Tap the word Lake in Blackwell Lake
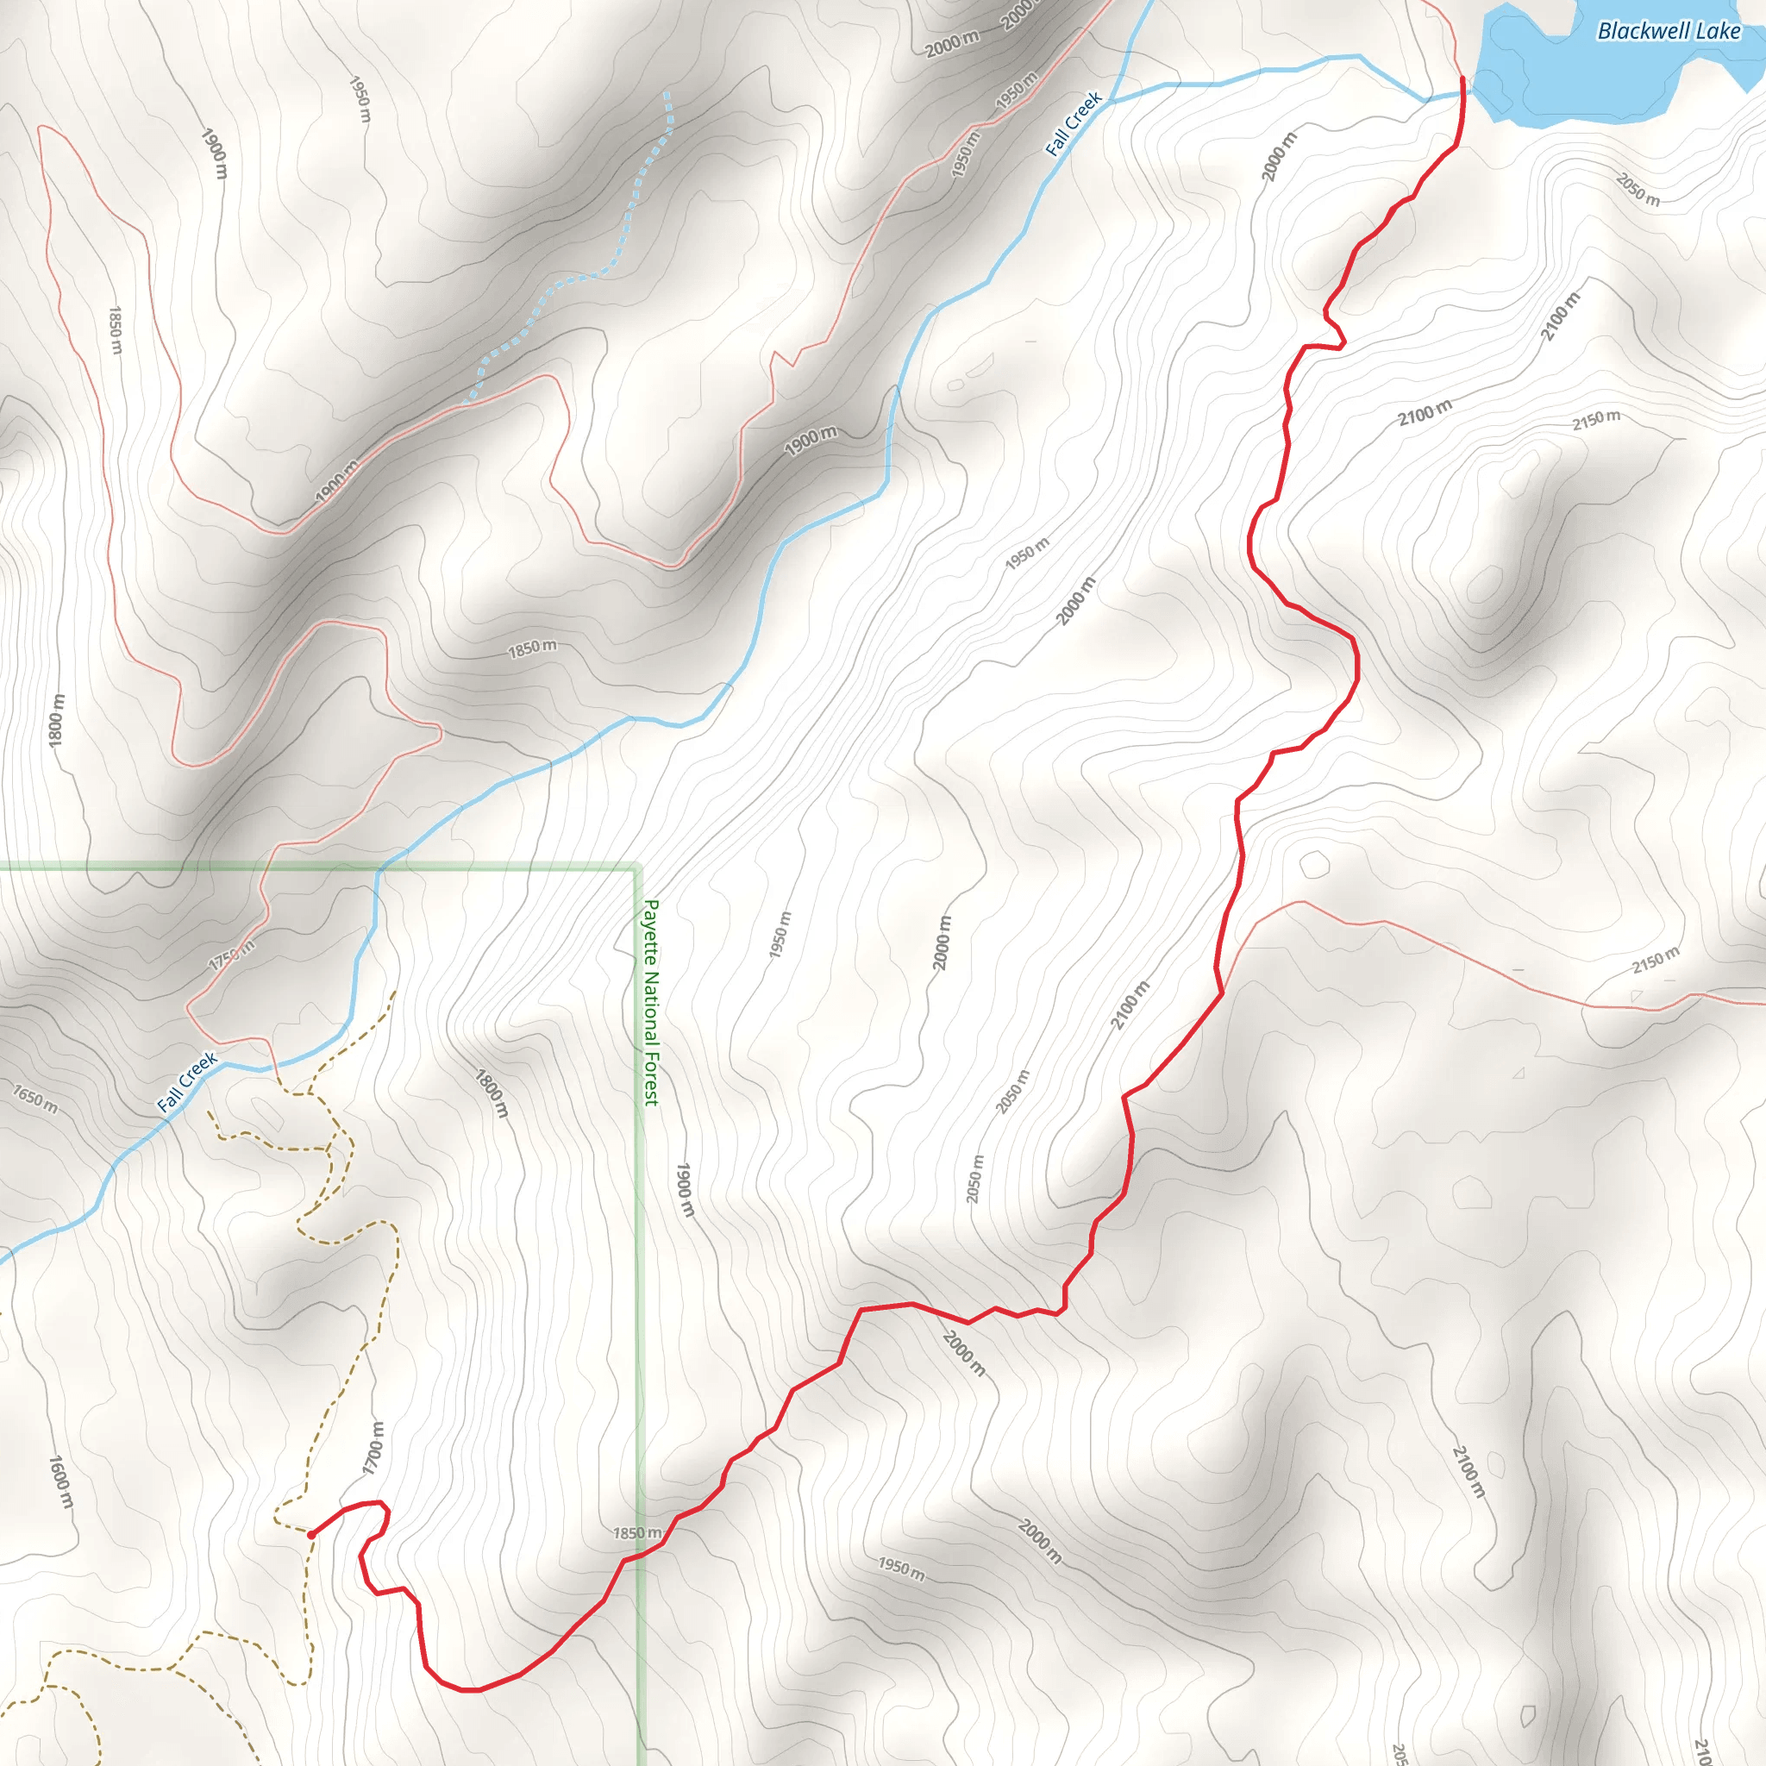(1719, 31)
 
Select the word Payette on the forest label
(651, 933)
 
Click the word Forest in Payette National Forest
(651, 1079)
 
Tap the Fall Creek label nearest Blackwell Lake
(1074, 124)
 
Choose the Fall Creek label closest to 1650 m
(187, 1082)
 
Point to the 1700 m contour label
(373, 1448)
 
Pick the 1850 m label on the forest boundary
(637, 1533)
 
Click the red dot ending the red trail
(311, 1535)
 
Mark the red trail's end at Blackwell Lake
(1462, 79)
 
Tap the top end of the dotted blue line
(667, 93)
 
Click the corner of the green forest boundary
(637, 867)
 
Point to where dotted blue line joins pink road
(467, 402)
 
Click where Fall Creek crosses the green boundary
(379, 868)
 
